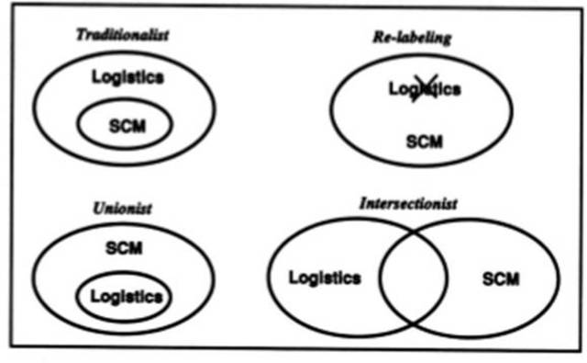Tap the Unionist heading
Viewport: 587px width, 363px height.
point(122,209)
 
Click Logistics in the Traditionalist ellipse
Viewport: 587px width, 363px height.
point(127,76)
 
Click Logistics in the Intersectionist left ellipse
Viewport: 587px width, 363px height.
point(324,277)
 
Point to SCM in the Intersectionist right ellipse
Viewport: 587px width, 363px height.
point(500,278)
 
